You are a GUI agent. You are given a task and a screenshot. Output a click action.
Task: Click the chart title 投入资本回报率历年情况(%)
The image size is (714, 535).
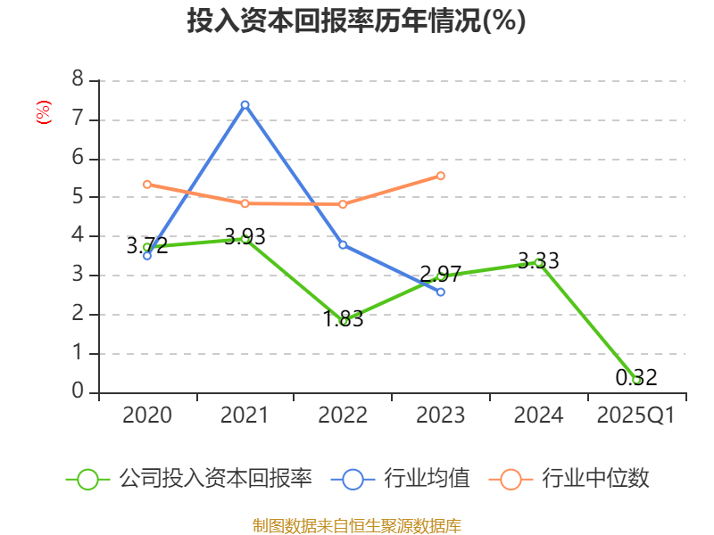click(356, 21)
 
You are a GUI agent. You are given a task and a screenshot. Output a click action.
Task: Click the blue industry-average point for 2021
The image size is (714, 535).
click(245, 104)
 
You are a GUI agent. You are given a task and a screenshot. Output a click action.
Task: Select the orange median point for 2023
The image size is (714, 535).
click(441, 176)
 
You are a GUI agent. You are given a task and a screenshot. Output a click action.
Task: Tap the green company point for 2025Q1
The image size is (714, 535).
click(636, 380)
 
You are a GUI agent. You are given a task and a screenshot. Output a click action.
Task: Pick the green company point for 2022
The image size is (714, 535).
click(343, 321)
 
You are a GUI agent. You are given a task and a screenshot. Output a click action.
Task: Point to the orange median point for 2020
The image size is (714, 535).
click(147, 185)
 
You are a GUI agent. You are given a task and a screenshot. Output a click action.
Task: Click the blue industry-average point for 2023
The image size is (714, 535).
click(441, 292)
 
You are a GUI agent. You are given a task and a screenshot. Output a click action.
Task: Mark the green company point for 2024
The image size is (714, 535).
click(538, 262)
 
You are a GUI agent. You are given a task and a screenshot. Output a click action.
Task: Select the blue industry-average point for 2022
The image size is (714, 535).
click(343, 245)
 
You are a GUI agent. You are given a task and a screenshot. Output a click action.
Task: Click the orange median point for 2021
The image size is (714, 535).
click(245, 203)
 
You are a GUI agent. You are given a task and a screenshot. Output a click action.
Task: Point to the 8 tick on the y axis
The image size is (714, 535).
click(78, 80)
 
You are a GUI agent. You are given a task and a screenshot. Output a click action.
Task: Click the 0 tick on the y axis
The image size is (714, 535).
click(78, 392)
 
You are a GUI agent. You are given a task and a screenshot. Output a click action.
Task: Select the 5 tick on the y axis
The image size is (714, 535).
click(78, 197)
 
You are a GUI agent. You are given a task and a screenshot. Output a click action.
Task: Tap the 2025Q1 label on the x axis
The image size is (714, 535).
click(636, 416)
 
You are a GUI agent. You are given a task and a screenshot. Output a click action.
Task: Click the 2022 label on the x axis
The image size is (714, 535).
click(343, 416)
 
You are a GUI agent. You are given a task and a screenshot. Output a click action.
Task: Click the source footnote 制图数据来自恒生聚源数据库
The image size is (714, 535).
click(357, 525)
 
